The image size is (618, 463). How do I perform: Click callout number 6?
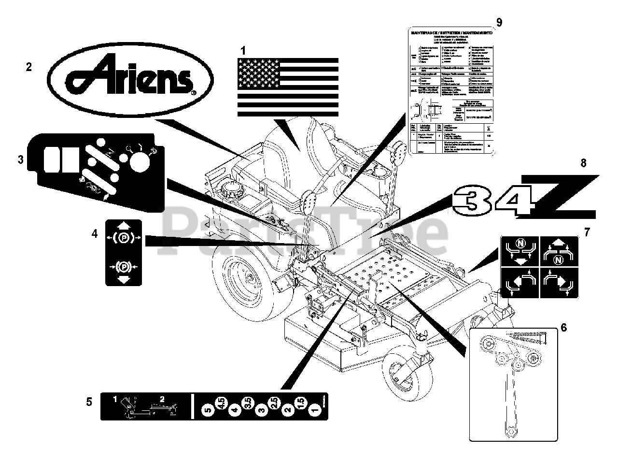coord(563,327)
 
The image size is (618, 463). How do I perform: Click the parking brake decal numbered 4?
coord(124,252)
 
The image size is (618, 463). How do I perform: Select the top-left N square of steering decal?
coord(520,251)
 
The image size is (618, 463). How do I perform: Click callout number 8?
coord(583,163)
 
